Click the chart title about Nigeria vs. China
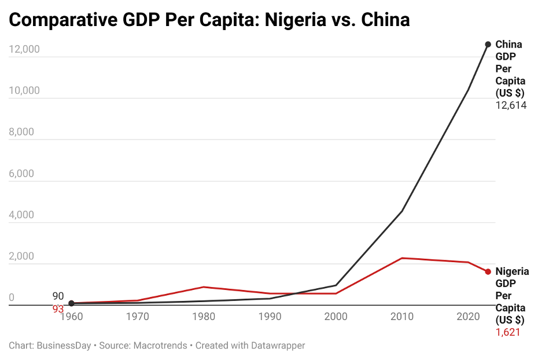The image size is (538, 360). pos(209,20)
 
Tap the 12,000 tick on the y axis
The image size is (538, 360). pos(24,49)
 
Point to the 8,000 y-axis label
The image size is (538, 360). pos(21,132)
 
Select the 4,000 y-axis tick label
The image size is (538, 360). pos(21,215)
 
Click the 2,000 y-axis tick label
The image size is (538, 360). pos(21,256)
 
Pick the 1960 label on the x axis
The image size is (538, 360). pos(72,317)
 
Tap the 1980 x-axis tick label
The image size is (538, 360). pos(204,317)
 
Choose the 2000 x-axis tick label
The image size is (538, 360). pos(336,317)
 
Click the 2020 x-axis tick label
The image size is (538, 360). pos(467,317)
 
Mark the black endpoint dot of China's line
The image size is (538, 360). pos(488,45)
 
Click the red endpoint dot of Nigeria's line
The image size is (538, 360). pos(488,271)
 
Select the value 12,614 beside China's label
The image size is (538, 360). pos(511,105)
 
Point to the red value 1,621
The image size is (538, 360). pos(508,332)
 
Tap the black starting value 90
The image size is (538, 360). pos(58,296)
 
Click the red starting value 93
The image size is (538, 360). pos(58,309)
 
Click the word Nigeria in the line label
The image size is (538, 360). pos(512,271)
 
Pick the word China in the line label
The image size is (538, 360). pos(508,45)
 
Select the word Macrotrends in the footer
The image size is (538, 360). pos(160,346)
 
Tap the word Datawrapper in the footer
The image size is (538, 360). pos(277,346)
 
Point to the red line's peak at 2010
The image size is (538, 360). pos(402,258)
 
